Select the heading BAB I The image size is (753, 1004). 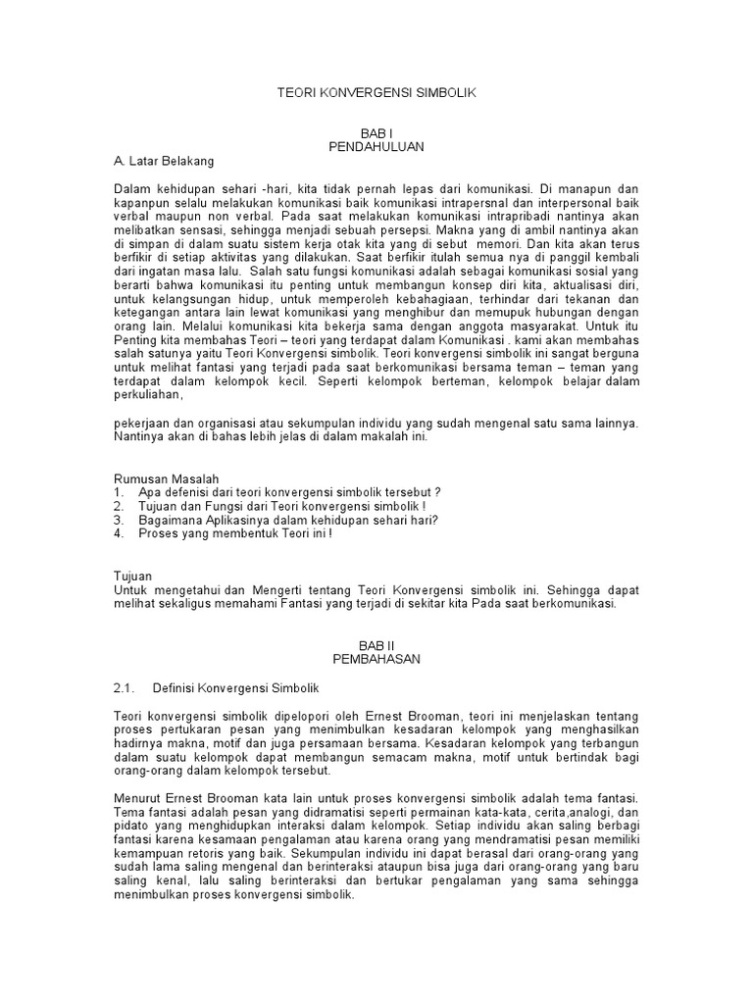376,130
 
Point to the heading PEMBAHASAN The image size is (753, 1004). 376,660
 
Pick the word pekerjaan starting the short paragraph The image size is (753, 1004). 141,423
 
